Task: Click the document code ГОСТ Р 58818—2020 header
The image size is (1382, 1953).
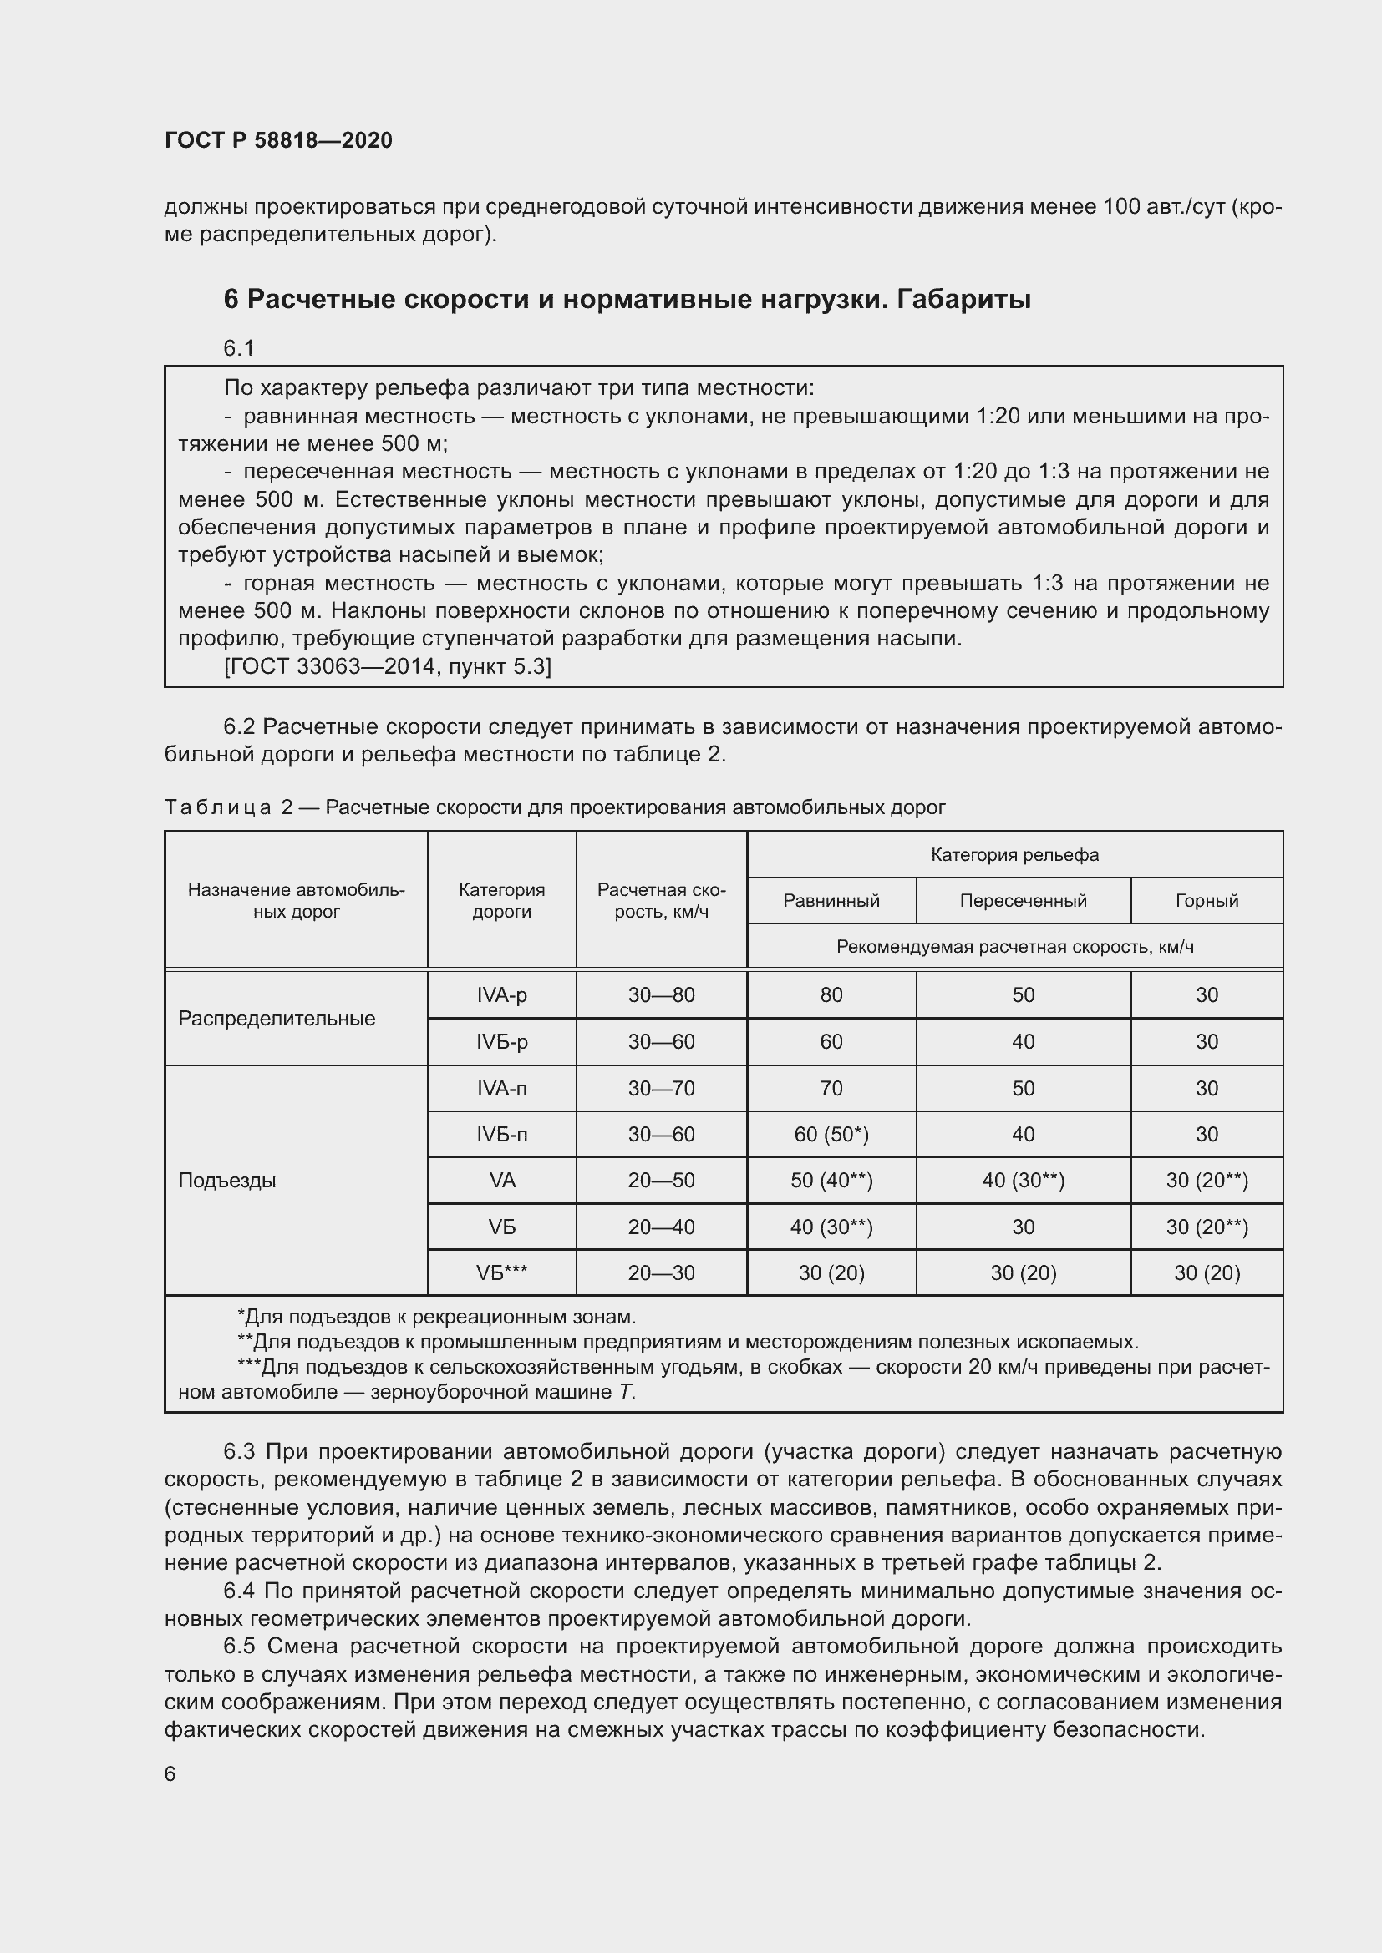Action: [278, 140]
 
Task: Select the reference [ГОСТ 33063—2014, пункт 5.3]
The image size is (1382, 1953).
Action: [387, 667]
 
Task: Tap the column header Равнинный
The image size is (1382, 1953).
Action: [831, 901]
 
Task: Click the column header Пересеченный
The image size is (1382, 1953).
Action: [1023, 901]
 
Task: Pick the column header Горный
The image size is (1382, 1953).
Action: [1206, 901]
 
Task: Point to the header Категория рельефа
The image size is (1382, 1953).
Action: [1014, 855]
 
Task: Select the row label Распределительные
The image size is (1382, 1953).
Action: [277, 1018]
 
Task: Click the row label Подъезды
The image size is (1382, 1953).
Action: [227, 1181]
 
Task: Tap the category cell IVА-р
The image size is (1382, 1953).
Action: [501, 995]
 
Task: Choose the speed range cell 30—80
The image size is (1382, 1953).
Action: [661, 995]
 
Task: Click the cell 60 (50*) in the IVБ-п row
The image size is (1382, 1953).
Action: [831, 1135]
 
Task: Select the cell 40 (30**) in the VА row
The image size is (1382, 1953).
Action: [1023, 1181]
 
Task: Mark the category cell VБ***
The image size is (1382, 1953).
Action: [501, 1273]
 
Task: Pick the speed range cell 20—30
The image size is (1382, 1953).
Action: [661, 1273]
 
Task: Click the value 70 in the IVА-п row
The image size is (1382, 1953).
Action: [831, 1089]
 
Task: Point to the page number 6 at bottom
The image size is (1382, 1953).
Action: [170, 1774]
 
